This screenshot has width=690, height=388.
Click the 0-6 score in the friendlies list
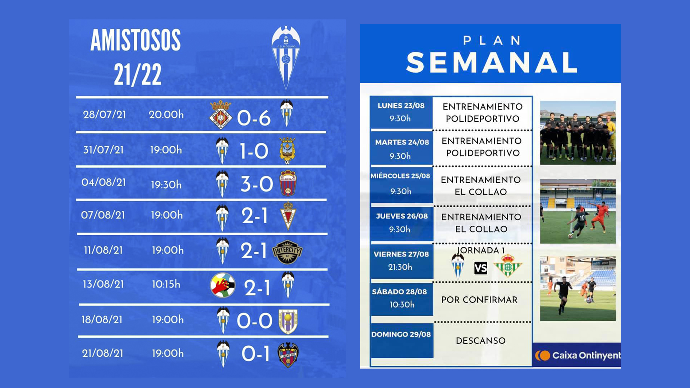coord(254,118)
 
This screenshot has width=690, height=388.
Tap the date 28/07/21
coord(104,114)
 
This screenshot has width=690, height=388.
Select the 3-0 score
coord(257,184)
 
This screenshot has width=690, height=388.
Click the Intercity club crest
coord(287,251)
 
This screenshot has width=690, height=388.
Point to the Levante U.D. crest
coord(288,355)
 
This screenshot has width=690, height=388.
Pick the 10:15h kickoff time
coord(166,284)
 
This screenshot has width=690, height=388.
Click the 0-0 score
coord(254,320)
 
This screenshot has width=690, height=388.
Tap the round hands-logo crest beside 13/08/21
coord(223,286)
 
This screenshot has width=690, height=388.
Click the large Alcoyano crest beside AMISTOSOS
coord(286,57)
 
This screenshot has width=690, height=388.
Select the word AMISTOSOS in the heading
coord(135,40)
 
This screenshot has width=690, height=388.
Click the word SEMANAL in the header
coord(492,63)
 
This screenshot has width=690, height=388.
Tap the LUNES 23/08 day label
coord(401,106)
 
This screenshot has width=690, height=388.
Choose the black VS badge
coord(480,268)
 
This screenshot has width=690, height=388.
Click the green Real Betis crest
coord(508,265)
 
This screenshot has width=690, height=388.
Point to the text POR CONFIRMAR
coord(479,300)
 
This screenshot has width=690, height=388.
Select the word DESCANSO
coord(481,341)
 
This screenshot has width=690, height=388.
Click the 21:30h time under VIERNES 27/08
coord(400,267)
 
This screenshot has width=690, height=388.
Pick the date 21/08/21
coord(102,353)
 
